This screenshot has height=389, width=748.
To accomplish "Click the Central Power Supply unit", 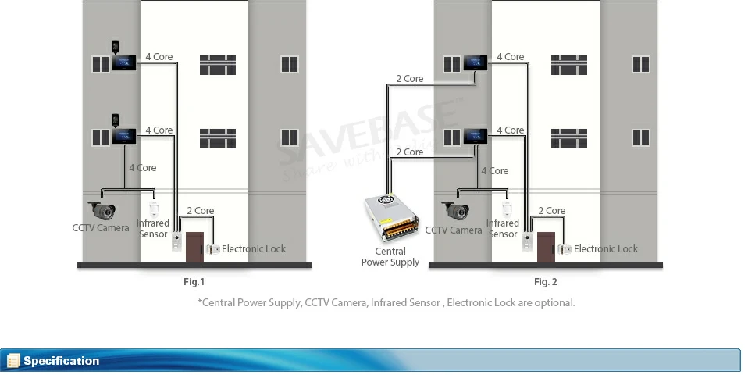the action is pos(391,219).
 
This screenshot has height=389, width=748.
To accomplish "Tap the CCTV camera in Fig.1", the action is pos(102,209).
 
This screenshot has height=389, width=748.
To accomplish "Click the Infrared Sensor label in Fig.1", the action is pos(153,229).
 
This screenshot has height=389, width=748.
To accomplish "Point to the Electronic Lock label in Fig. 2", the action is pos(605,249).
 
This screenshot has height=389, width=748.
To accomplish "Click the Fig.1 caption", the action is pos(194,282).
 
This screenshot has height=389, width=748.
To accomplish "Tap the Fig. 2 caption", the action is pos(545,282).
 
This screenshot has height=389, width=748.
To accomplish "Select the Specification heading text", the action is pos(62,361).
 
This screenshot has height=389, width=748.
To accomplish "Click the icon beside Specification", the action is pos(13,361).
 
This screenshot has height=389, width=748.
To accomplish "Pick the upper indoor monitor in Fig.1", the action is pos(125,63).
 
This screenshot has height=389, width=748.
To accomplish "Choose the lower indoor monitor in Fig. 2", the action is pos(476,136).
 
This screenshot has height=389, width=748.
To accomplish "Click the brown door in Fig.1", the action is pos(194,247).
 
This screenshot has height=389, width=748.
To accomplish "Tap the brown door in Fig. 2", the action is pos(546,247).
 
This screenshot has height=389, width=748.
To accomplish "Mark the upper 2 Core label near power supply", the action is pos(409,79).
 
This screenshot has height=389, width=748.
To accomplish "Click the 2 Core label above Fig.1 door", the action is pos(200,211).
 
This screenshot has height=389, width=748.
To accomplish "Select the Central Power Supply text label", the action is pos(390,257).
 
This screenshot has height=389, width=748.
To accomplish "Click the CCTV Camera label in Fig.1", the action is pos(101,228).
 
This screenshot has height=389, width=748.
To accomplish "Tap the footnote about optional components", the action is pos(386,302).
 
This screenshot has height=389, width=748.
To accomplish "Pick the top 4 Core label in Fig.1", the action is pos(159,57).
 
